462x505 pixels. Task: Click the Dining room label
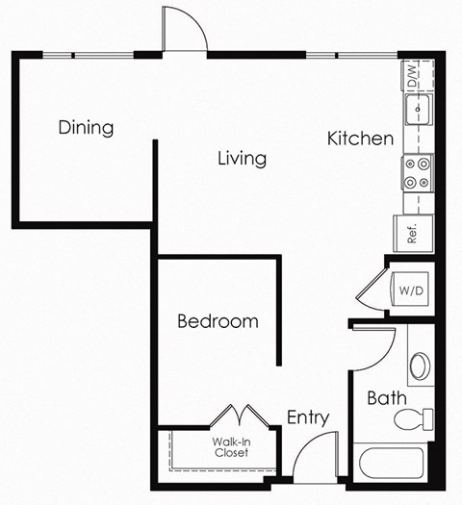(x=86, y=128)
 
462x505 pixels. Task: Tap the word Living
(x=242, y=159)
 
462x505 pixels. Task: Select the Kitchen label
(x=360, y=139)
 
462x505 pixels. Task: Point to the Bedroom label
(x=218, y=321)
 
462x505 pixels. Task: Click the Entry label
(x=308, y=417)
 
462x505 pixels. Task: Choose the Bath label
(x=385, y=397)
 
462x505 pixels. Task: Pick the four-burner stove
(x=418, y=173)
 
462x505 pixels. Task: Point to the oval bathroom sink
(x=421, y=366)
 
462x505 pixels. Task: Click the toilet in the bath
(x=417, y=418)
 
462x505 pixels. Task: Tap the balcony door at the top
(x=186, y=29)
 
